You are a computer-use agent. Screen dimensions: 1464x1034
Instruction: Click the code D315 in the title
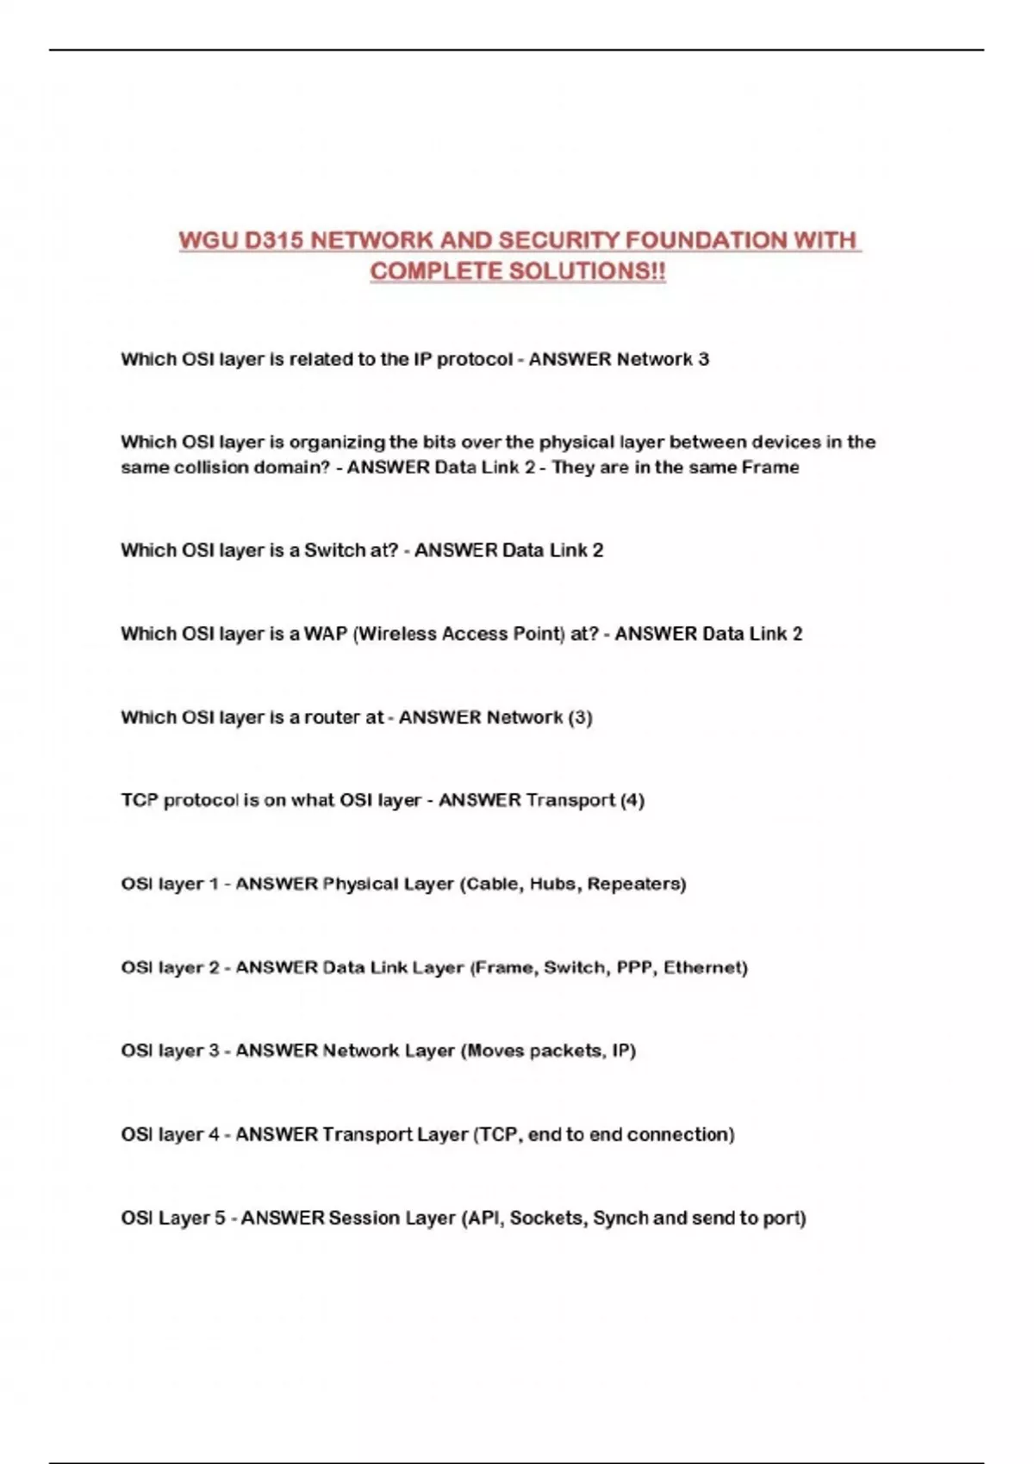tap(273, 240)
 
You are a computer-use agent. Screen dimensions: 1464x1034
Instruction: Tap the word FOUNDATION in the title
tap(707, 240)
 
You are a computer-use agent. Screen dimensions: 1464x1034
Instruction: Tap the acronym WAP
tap(325, 634)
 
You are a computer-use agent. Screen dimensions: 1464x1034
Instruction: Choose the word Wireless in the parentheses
tap(396, 634)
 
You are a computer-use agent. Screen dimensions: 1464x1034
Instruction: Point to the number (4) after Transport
tap(632, 800)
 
